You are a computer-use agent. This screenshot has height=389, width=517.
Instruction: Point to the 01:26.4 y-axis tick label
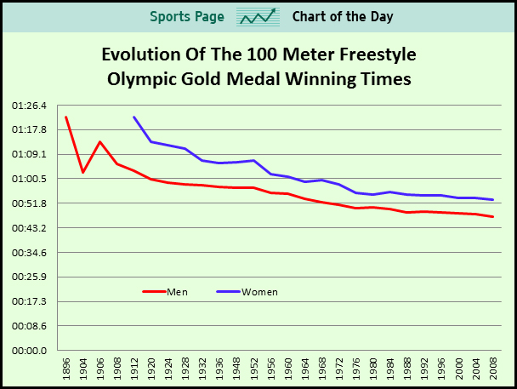pos(30,106)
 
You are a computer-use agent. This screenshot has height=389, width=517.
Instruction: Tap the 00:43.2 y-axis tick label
pos(30,228)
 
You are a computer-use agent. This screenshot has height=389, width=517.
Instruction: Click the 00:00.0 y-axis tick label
pos(30,351)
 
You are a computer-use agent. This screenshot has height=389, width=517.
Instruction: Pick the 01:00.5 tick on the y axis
pos(30,179)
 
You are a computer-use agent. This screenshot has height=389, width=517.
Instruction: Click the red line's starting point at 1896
pos(65,117)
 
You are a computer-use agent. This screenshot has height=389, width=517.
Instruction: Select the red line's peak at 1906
pos(99,142)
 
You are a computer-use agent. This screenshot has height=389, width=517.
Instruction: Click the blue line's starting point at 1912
pos(134,117)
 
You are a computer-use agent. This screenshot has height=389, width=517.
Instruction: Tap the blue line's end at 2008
pos(493,200)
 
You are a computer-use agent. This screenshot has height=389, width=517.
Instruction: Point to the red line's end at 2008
pos(493,217)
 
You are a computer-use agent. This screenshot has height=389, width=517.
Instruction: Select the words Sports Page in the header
pos(187,17)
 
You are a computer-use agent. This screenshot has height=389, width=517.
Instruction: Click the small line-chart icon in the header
pos(258,17)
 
